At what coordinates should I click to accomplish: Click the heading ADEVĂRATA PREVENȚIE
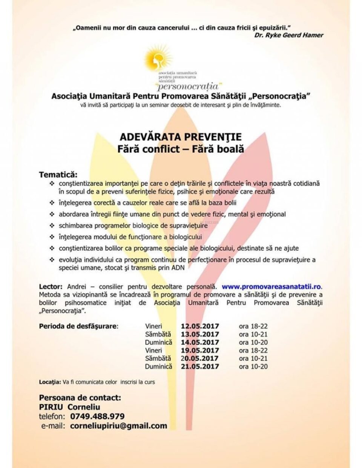point(180,136)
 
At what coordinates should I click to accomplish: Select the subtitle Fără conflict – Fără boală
point(180,148)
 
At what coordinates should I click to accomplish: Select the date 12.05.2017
point(199,326)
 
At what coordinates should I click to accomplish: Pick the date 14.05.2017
point(199,343)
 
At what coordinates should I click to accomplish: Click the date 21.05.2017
point(199,366)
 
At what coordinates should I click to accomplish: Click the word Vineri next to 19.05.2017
point(153,350)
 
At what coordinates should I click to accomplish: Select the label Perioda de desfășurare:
point(78,326)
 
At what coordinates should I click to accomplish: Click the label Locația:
point(50,382)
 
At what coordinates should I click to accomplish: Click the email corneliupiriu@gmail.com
point(118,426)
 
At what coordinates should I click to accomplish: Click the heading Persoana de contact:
point(80,398)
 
